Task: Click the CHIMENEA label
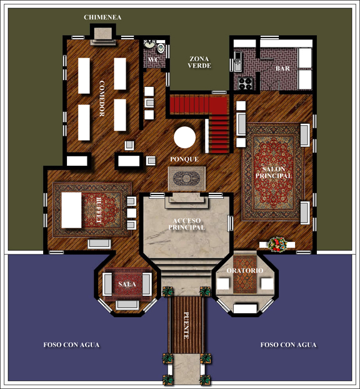pyautogui.click(x=102, y=17)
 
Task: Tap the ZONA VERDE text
pyautogui.click(x=199, y=63)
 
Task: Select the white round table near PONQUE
pyautogui.click(x=185, y=137)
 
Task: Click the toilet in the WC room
pyautogui.click(x=161, y=48)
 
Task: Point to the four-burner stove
pyautogui.click(x=245, y=83)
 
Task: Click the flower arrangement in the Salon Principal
pyautogui.click(x=277, y=245)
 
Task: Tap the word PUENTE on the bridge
pyautogui.click(x=186, y=325)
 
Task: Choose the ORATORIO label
pyautogui.click(x=245, y=270)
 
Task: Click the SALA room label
pyautogui.click(x=127, y=284)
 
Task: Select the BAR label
pyautogui.click(x=282, y=68)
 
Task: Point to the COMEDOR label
pyautogui.click(x=102, y=98)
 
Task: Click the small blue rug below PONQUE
pyautogui.click(x=187, y=178)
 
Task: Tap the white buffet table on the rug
pyautogui.click(x=71, y=210)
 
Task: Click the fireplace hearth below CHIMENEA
pyautogui.click(x=103, y=36)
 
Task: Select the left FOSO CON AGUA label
pyautogui.click(x=71, y=345)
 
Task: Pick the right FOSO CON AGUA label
pyautogui.click(x=288, y=345)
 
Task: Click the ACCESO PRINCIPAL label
pyautogui.click(x=187, y=224)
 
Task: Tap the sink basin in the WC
pyautogui.click(x=149, y=44)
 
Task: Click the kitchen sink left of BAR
pyautogui.click(x=237, y=61)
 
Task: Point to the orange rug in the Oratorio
pyautogui.click(x=245, y=274)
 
